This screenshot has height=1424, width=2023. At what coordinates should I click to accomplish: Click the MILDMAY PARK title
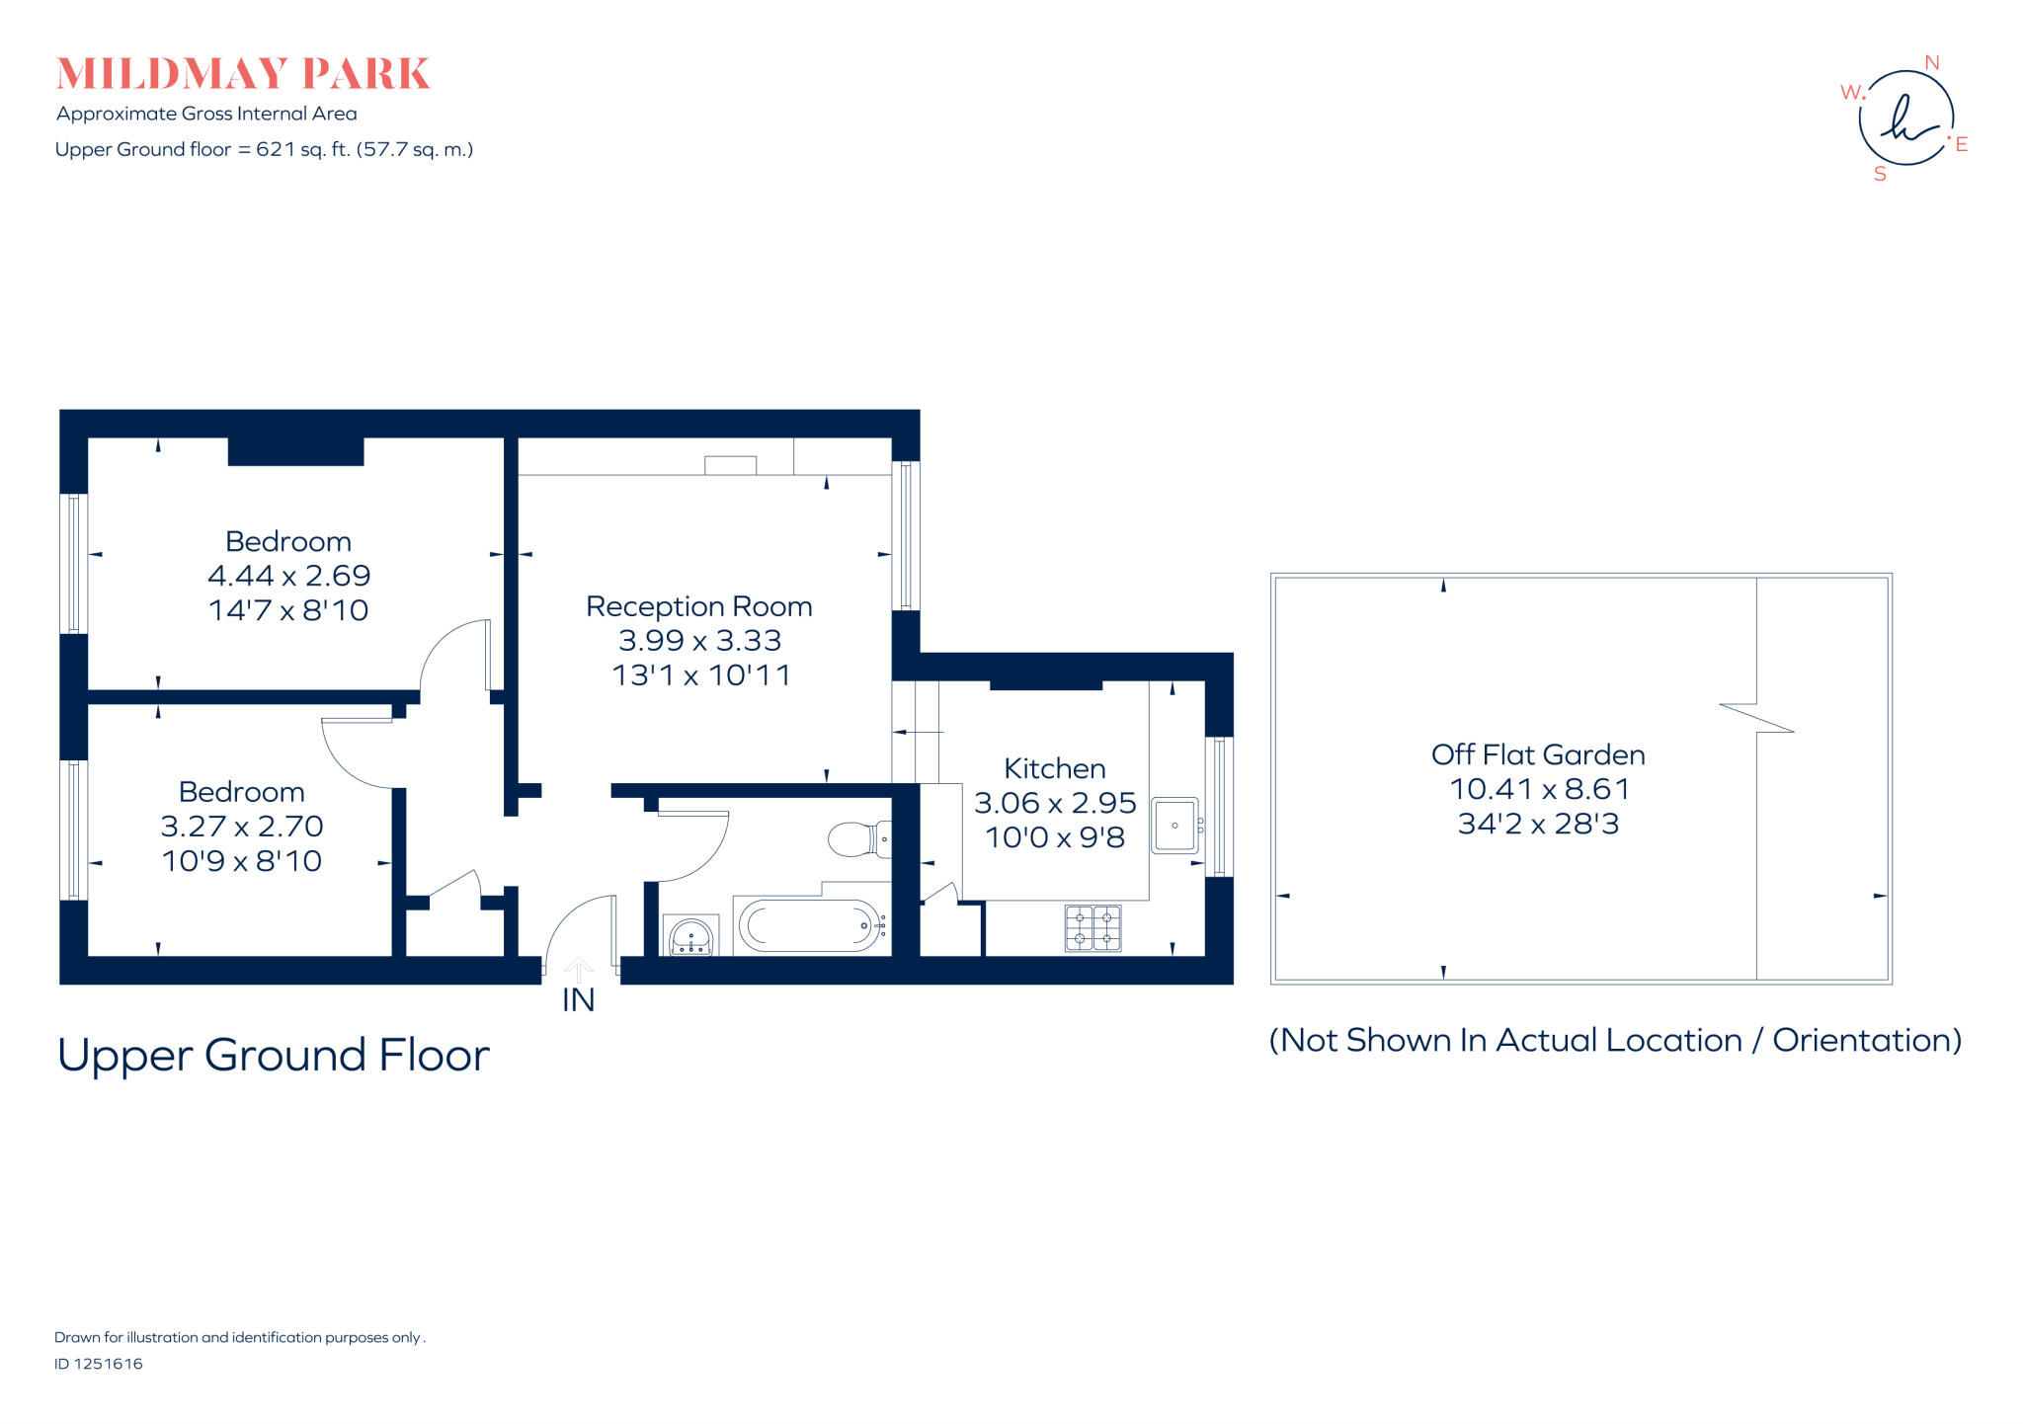pos(243,74)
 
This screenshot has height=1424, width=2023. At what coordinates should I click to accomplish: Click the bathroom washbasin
pos(691,935)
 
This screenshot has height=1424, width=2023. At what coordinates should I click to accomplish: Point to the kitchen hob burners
pos(1092,927)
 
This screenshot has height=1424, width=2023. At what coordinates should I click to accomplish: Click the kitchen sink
pos(1174,826)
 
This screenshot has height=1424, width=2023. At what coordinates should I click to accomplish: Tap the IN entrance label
pos(578,1000)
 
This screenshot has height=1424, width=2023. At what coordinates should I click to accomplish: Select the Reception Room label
pos(698,606)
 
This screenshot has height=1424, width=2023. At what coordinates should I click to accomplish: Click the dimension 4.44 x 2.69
pos(288,576)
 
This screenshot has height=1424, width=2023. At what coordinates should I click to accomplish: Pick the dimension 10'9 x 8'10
pos(242,861)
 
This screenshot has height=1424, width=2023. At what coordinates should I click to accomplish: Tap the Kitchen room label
pos(1054,768)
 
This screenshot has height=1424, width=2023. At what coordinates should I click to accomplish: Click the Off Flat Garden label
pos(1537,754)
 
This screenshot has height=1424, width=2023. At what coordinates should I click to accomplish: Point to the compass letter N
pos(1931,63)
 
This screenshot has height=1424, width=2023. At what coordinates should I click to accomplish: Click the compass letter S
pos(1880,174)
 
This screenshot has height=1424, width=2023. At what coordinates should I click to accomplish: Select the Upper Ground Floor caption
pos(274,1055)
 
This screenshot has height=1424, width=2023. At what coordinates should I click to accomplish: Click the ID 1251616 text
pos(99,1364)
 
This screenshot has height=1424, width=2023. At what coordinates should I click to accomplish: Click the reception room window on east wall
pos(906,535)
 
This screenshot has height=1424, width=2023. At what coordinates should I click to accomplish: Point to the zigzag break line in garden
pos(1756,718)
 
